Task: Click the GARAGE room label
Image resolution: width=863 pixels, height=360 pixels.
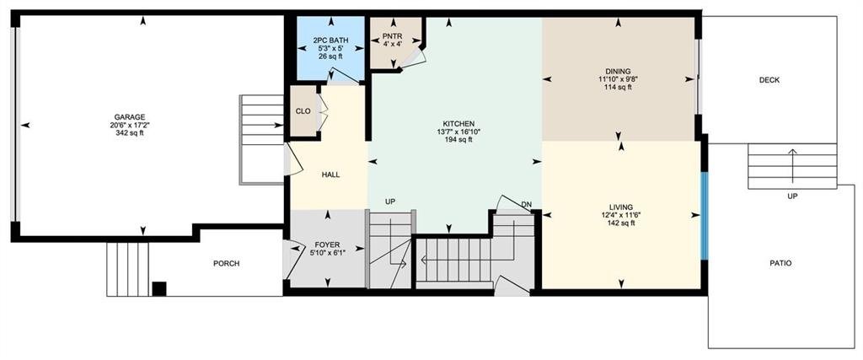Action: [129, 116]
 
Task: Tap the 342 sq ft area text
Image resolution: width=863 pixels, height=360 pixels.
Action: [129, 132]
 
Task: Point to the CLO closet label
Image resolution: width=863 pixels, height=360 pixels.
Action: [303, 111]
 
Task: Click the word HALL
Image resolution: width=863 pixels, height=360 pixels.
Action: [330, 175]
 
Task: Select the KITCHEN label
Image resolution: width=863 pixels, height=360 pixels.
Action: [458, 124]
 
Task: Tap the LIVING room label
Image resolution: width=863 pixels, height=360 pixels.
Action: [621, 207]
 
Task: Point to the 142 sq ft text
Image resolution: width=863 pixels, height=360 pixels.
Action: [621, 223]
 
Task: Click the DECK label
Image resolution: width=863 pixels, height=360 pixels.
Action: [769, 80]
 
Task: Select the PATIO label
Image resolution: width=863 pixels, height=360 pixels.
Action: [781, 264]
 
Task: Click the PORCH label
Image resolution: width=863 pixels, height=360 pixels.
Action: [226, 264]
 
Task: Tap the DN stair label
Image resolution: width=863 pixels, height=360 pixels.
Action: [526, 205]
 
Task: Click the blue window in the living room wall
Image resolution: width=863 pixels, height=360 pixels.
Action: [704, 216]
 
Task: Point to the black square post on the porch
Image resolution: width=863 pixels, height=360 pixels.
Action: [159, 289]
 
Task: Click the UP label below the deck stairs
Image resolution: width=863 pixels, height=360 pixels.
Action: [792, 196]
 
